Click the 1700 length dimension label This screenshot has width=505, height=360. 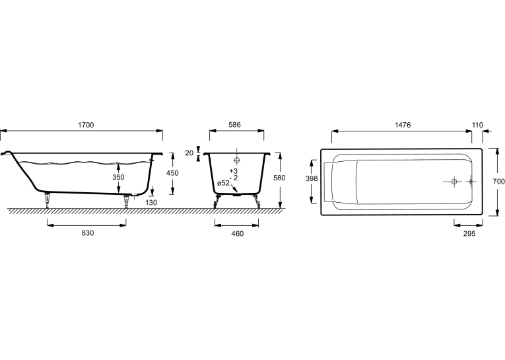tap(86, 125)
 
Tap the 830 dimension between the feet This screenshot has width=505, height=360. tap(88, 233)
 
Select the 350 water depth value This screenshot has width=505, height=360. tap(118, 177)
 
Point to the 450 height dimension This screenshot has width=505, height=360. tap(172, 173)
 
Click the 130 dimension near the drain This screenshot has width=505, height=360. tap(151, 202)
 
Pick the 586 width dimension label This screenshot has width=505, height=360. tap(234, 125)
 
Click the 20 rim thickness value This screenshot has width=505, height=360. tap(189, 153)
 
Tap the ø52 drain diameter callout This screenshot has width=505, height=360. tap(224, 183)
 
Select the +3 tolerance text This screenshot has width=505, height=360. tap(234, 171)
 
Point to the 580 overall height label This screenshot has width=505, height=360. tap(279, 178)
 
